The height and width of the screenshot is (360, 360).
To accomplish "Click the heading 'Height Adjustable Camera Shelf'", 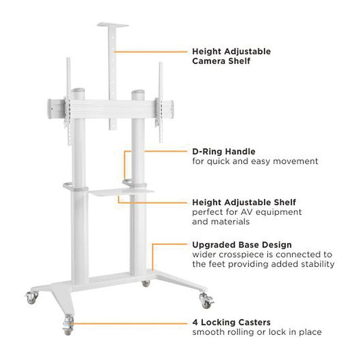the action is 231,56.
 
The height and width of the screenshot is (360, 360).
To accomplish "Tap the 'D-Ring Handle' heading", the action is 224,152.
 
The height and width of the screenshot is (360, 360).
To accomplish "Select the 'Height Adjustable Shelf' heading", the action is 244,202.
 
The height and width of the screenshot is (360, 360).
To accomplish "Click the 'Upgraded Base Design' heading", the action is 242,245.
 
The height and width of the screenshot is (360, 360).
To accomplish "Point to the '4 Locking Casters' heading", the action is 231,322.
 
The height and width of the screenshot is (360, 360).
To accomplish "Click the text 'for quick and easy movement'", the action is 255,161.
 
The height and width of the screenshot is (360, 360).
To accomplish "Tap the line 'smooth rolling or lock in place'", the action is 257,332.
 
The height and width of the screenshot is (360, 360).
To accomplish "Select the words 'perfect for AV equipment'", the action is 247,212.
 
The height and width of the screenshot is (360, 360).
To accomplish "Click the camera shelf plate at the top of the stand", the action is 113,25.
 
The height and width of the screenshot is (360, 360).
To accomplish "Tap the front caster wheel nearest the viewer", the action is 68,326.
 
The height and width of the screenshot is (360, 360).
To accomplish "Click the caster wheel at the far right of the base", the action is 206,300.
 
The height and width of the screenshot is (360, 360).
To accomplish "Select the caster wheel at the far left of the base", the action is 31,297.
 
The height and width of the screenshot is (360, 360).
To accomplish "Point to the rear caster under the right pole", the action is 146,283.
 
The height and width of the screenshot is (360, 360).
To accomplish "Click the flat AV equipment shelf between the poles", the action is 121,192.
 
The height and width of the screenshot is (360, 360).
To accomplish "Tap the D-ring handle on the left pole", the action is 69,186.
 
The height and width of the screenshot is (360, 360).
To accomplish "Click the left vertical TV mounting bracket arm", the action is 68,101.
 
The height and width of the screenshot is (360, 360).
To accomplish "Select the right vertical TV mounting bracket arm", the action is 160,102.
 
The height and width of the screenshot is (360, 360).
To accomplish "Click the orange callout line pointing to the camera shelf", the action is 151,52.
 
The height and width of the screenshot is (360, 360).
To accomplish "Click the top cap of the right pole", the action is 138,94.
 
